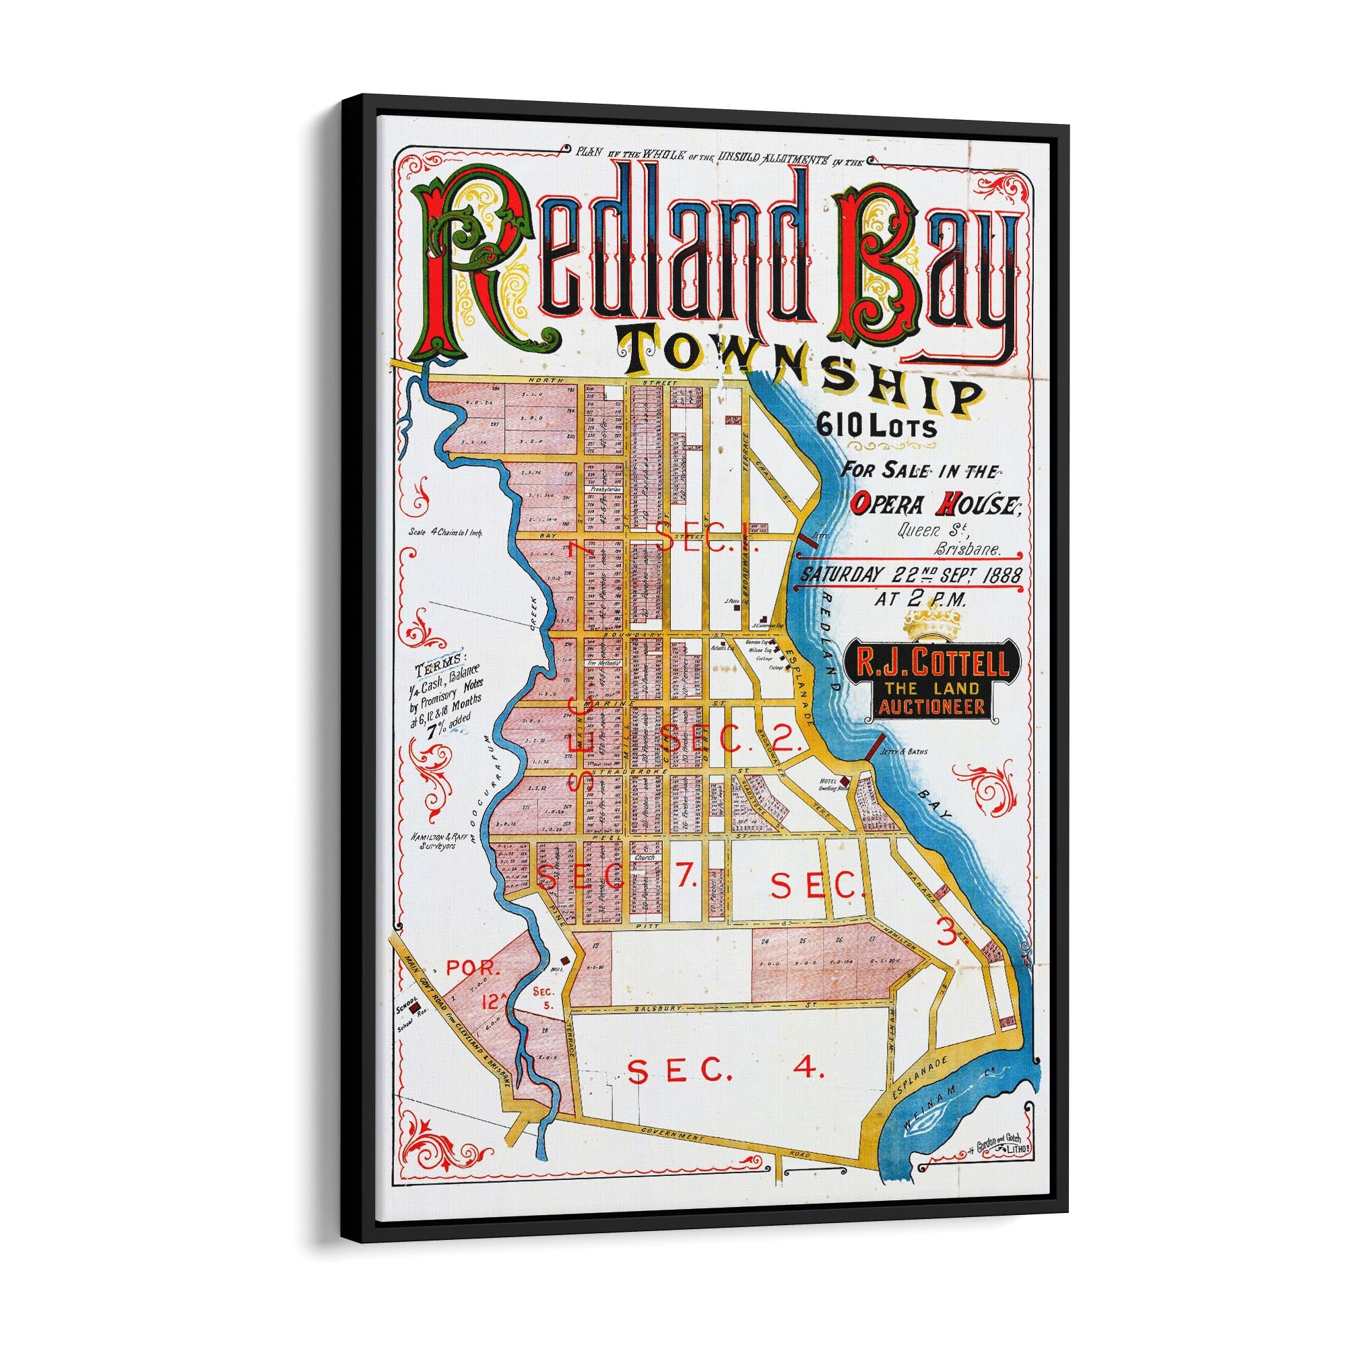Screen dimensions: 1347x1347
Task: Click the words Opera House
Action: click(935, 503)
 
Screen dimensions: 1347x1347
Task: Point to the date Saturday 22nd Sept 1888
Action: click(911, 576)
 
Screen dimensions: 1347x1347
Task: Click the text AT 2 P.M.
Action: click(914, 600)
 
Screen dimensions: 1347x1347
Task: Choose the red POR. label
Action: click(473, 969)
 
